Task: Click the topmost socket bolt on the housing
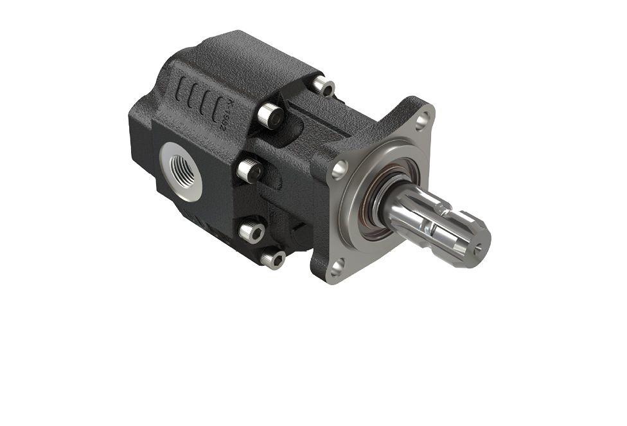(323, 86)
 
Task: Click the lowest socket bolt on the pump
(273, 259)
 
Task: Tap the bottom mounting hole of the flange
(337, 264)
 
